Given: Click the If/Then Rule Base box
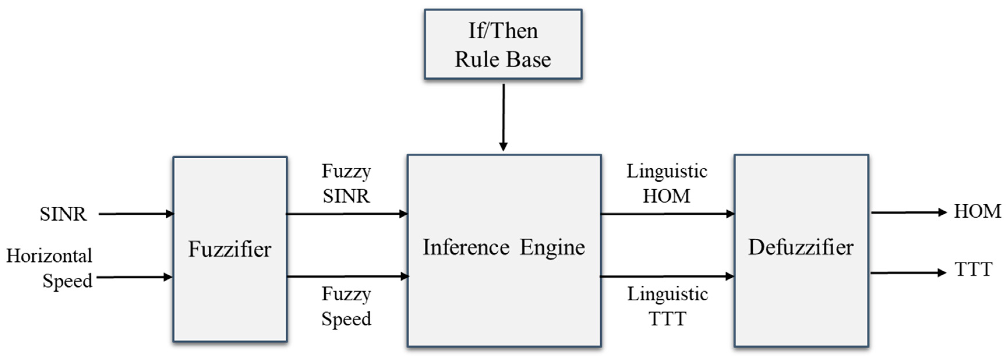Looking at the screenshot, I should [x=503, y=45].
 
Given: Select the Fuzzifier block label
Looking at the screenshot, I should [x=230, y=249].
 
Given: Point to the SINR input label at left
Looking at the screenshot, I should [x=63, y=214].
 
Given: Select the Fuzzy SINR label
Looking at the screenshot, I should [x=346, y=184].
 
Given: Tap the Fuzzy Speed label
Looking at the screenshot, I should [x=346, y=306].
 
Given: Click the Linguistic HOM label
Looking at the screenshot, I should [x=666, y=184].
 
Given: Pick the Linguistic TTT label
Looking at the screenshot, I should [x=667, y=306].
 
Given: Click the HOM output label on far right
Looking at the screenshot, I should [x=977, y=212].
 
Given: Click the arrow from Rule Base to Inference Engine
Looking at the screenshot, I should [x=503, y=117].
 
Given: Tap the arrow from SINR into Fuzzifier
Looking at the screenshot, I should [x=135, y=214].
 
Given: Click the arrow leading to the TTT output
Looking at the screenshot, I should [x=908, y=273].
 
